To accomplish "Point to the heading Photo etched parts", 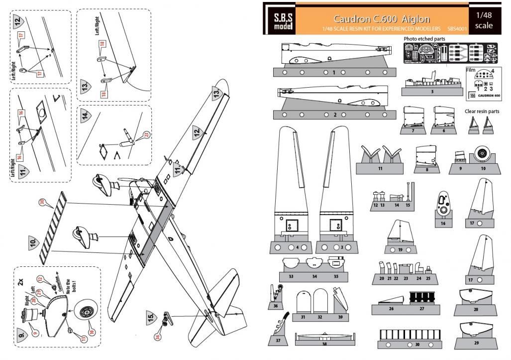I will (x=424, y=39).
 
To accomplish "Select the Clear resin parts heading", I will (x=482, y=112).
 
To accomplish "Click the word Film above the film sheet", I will (x=471, y=70).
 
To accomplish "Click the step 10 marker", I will (x=34, y=242).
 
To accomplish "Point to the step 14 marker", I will (x=86, y=116).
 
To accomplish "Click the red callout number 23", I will (x=146, y=135).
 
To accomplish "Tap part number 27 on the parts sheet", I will (x=422, y=309).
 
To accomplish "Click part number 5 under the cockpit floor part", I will (x=432, y=92).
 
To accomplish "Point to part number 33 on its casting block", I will (x=291, y=276).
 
